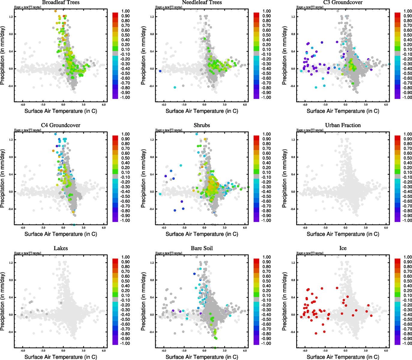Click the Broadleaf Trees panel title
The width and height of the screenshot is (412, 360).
61,2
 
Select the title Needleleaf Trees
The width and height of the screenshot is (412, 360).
202,2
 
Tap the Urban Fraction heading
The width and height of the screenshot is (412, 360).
343,125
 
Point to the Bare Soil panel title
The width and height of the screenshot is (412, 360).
202,248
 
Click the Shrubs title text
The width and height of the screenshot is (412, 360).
202,125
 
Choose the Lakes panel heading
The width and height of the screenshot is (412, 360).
61,248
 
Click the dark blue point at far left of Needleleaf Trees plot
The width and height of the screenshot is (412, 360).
160,71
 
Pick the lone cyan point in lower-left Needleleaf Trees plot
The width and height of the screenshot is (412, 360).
175,87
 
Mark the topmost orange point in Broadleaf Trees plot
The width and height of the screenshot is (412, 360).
56,11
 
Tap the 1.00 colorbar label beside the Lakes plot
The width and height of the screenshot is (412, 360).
126,257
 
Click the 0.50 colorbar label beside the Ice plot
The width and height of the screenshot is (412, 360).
408,281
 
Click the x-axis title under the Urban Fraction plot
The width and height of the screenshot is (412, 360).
343,234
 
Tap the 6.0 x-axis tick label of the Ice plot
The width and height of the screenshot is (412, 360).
386,351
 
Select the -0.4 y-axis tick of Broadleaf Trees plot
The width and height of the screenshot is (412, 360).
10,86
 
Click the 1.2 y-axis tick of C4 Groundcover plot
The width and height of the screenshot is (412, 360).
11,140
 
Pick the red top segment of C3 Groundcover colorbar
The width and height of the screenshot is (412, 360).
397,14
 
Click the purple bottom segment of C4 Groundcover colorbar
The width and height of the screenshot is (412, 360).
115,220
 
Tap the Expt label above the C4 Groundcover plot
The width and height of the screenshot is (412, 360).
28,130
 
